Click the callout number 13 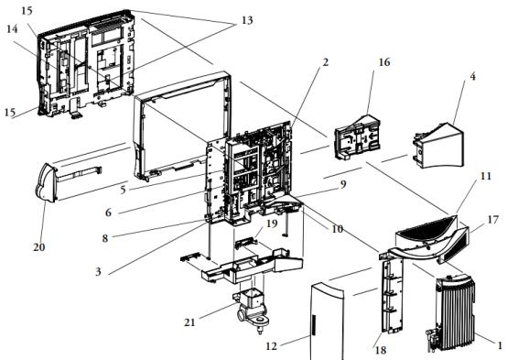pos(247,20)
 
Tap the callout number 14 pos(12,29)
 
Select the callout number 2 pos(325,62)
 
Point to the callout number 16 pos(384,62)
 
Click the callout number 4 pos(472,77)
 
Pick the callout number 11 pos(486,177)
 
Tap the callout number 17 pos(492,220)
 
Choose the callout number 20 pos(38,247)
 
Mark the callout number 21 pos(189,322)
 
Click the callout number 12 pos(271,346)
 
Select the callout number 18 pos(381,350)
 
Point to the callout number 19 pos(272,224)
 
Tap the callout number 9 pos(343,184)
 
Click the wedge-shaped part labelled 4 pos(441,146)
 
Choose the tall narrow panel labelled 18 pos(393,295)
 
